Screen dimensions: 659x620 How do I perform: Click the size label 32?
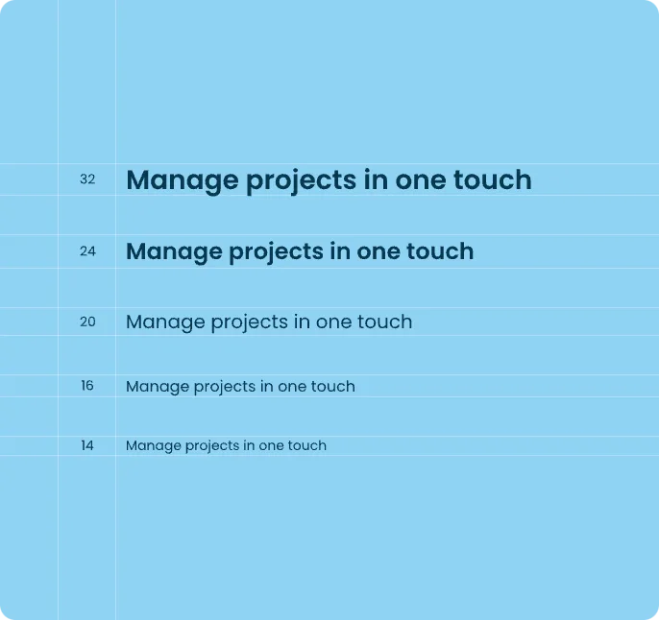pyautogui.click(x=87, y=179)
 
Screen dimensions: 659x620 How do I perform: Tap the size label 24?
pyautogui.click(x=87, y=251)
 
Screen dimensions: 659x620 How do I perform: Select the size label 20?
pyautogui.click(x=87, y=322)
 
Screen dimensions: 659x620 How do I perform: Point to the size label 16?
pyautogui.click(x=87, y=386)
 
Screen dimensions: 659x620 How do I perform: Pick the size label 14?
pyautogui.click(x=87, y=445)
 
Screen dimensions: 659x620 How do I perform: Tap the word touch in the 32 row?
pyautogui.click(x=492, y=179)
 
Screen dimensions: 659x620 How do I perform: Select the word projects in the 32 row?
pyautogui.click(x=302, y=181)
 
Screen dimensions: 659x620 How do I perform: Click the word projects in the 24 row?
pyautogui.click(x=277, y=252)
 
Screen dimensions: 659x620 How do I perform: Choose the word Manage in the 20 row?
pyautogui.click(x=165, y=322)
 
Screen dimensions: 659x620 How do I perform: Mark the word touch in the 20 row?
pyautogui.click(x=384, y=322)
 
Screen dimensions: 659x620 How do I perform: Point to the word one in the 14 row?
pyautogui.click(x=268, y=445)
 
